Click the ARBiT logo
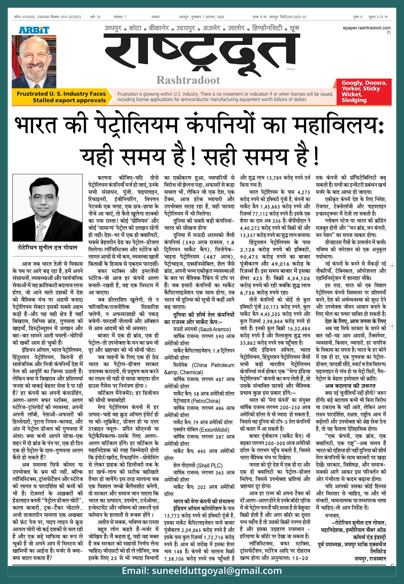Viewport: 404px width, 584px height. [34, 30]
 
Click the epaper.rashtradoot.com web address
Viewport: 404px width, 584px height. [367, 28]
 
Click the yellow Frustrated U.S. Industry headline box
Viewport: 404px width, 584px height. [61, 97]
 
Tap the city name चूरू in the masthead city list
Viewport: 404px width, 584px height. [294, 29]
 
